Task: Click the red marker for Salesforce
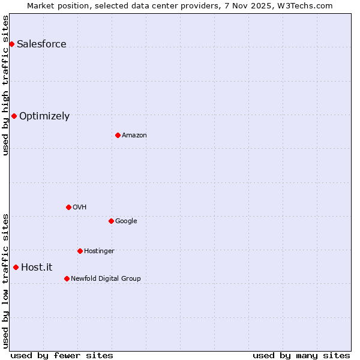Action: [11, 44]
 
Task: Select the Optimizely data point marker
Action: [14, 116]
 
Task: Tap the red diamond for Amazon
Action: [118, 135]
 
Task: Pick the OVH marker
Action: [68, 207]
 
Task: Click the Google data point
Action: [111, 221]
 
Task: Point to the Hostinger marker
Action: [80, 251]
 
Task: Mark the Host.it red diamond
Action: [16, 267]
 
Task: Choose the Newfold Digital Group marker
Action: [67, 278]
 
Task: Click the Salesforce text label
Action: [41, 44]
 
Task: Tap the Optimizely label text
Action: [44, 116]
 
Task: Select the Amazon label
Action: [134, 135]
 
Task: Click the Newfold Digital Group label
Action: [106, 278]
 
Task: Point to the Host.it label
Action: [37, 267]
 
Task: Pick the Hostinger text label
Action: [99, 251]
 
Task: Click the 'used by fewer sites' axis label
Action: [62, 355]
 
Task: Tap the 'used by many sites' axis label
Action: [301, 355]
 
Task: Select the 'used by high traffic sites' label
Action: [5, 85]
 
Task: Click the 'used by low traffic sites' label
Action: [5, 281]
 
